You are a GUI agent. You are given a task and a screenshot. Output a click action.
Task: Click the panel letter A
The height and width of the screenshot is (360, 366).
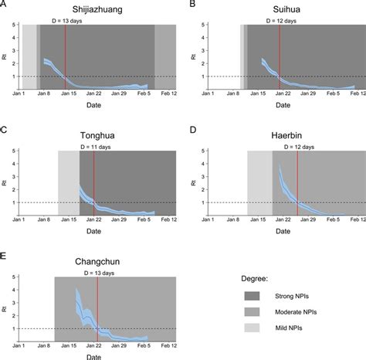(4, 5)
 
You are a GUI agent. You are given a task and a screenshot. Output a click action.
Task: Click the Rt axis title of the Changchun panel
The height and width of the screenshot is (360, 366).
(5, 308)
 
